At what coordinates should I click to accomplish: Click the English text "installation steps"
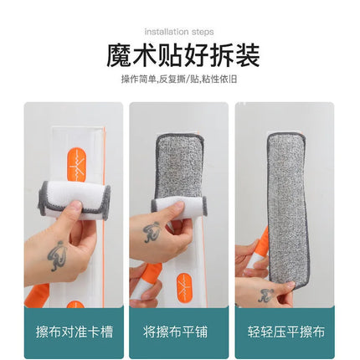click(x=179, y=32)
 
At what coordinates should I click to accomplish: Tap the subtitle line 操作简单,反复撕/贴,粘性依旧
click(x=179, y=80)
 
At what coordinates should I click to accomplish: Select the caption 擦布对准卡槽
click(x=75, y=332)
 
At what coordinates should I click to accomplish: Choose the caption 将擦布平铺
click(x=176, y=332)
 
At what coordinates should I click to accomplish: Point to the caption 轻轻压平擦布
click(x=286, y=332)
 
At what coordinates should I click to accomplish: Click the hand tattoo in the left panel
click(x=58, y=255)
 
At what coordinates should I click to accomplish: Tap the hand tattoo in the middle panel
click(x=152, y=232)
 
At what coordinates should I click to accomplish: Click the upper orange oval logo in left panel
click(x=76, y=166)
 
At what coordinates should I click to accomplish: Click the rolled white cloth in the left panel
click(x=74, y=198)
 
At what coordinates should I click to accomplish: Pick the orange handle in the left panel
click(x=36, y=296)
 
